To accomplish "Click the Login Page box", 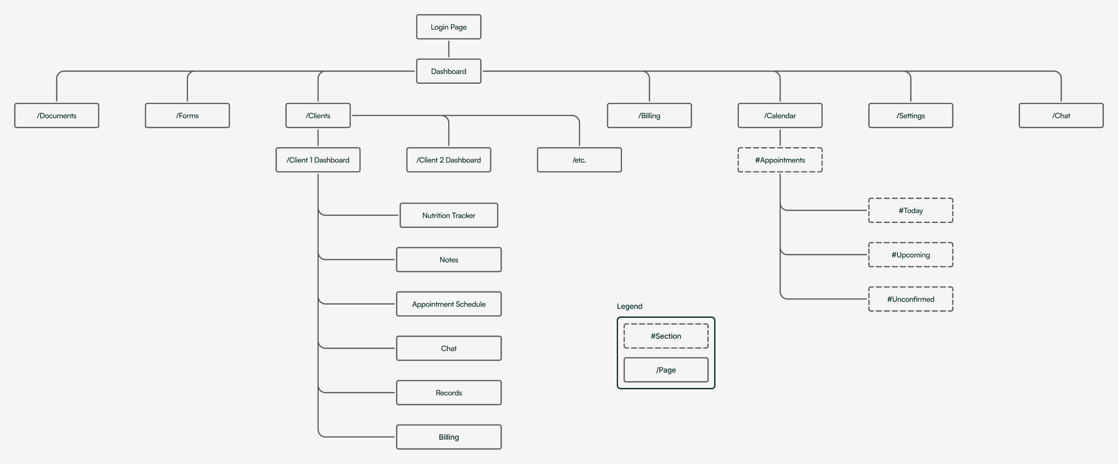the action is (449, 27).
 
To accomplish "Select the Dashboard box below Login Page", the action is (449, 71).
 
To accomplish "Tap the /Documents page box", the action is (56, 116).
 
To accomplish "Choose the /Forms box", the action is (188, 116).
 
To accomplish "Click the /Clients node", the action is (318, 116).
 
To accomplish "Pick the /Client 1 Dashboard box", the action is (318, 160).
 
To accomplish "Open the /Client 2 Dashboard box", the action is (449, 160).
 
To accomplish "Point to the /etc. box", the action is (579, 160).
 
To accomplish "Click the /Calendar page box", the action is (780, 116).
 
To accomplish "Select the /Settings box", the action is (911, 116).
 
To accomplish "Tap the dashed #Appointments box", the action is (780, 160).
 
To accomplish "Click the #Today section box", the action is (911, 210).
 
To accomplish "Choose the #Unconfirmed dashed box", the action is (911, 299).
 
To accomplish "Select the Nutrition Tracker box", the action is (449, 215).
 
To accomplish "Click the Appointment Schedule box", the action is (449, 304).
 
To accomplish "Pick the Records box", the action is (449, 392).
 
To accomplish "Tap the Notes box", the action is (449, 259).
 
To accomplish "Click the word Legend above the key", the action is (630, 306).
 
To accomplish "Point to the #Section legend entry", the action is (666, 336).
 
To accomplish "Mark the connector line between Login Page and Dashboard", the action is (449, 49).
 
